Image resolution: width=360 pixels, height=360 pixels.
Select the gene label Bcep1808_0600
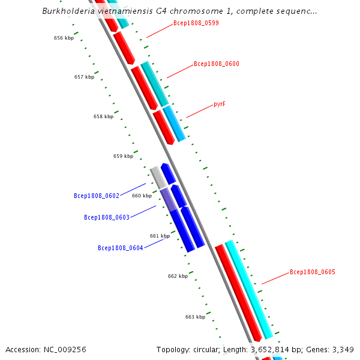coord(216,64)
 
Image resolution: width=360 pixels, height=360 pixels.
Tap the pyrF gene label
coord(220,104)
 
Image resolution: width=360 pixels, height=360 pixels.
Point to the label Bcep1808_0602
coord(96,196)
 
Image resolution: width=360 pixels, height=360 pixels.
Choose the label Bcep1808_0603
coord(106,217)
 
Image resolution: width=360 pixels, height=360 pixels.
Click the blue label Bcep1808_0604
coord(120,248)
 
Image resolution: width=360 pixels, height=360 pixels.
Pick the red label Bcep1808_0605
coord(312,272)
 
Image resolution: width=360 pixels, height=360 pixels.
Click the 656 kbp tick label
coord(64,38)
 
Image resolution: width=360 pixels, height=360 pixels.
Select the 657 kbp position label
coord(84,77)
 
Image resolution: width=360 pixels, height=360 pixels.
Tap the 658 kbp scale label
coord(103,116)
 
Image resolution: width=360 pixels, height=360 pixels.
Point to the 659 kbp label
coord(123,156)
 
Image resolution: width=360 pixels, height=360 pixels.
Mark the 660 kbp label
coord(142,196)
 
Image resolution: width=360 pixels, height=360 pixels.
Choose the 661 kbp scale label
coord(160,236)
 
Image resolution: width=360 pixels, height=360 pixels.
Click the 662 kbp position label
coord(178,276)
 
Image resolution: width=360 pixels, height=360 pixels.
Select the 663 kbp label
coord(195,317)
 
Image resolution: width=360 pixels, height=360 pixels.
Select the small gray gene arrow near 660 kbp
coord(158,177)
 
